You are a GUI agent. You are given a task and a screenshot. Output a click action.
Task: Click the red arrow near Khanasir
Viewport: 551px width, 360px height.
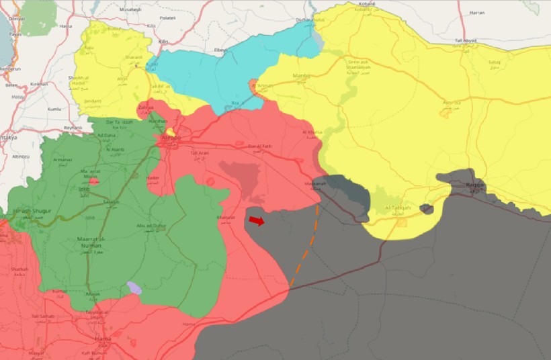tap(257, 220)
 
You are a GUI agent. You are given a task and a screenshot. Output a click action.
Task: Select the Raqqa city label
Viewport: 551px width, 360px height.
tap(475, 185)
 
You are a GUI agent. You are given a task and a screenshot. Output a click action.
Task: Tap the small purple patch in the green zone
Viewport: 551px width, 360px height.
tap(134, 288)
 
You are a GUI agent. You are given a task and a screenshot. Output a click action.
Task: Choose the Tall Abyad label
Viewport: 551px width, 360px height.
tap(466, 41)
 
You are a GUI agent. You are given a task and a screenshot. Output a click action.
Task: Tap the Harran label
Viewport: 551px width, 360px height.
tap(478, 13)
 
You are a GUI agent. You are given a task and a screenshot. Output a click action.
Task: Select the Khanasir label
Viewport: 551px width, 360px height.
tap(226, 218)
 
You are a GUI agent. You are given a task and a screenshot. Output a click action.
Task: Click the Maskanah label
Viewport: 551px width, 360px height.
tap(314, 183)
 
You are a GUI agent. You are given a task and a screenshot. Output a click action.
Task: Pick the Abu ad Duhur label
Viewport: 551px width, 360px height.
tap(150, 226)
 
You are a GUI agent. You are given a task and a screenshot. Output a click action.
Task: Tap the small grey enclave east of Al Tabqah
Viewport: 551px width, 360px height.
tap(427, 209)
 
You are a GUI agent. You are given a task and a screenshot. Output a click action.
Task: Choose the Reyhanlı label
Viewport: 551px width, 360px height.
tap(71, 127)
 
